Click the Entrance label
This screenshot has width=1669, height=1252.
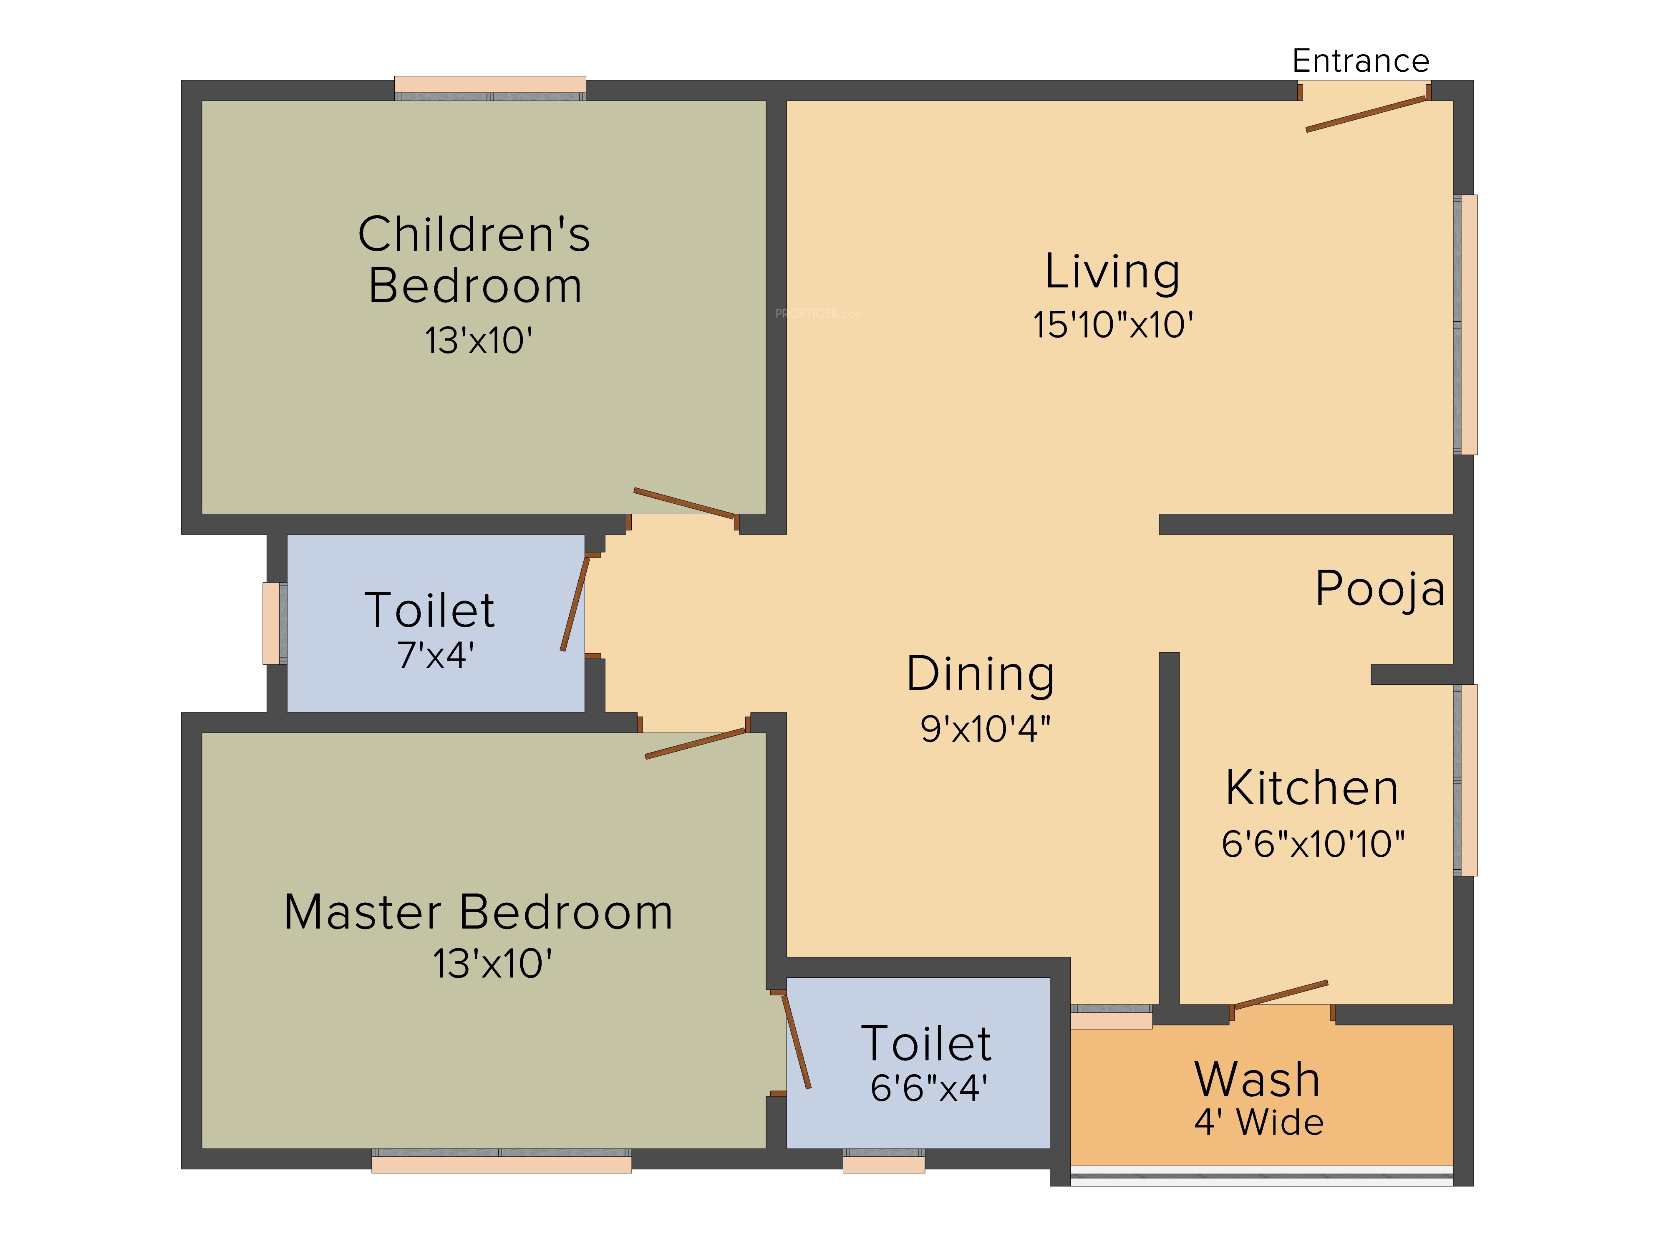[x=1360, y=61]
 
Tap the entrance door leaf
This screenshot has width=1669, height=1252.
[x=1366, y=114]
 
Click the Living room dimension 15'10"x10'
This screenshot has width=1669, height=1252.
[x=1113, y=325]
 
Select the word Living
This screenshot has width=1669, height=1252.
[x=1112, y=273]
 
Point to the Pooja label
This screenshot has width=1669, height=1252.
[x=1380, y=588]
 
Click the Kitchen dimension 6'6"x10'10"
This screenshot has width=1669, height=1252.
[x=1313, y=844]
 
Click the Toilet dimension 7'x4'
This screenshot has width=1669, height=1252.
[x=435, y=655]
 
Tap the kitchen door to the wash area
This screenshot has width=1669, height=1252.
[x=1281, y=994]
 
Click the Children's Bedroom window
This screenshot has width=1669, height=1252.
[x=490, y=88]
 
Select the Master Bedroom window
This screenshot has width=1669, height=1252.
[x=501, y=1161]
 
